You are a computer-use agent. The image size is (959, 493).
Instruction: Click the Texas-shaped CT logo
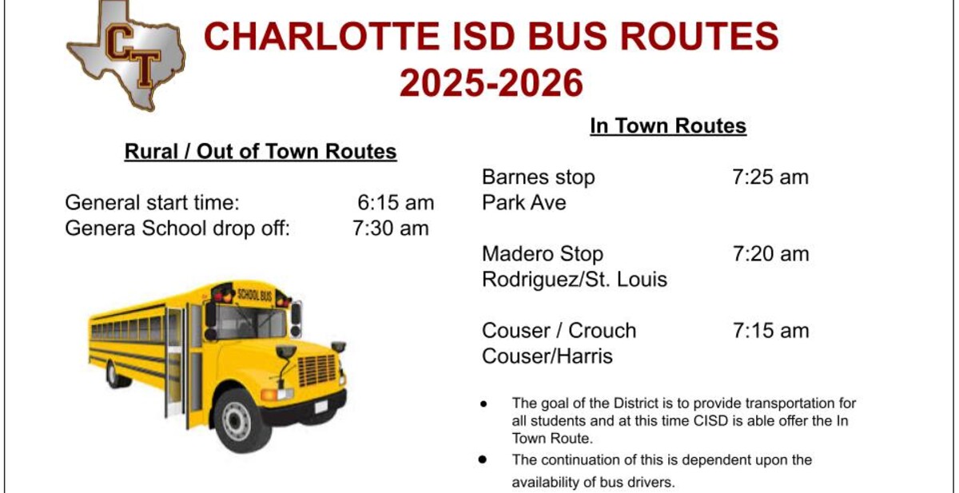point(126,56)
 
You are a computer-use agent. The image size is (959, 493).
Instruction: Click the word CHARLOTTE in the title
point(322,37)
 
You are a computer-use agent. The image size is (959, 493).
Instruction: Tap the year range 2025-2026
point(491,82)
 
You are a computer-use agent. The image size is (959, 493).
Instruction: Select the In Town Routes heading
point(668,125)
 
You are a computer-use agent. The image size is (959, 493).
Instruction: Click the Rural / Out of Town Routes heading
point(261,152)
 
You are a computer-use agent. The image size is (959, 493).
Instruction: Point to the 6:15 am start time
point(396,202)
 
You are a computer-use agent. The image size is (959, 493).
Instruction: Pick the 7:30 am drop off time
point(391,228)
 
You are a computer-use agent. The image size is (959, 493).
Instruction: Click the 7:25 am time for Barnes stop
point(770,177)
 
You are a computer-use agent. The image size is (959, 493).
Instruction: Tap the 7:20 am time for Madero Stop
point(770,254)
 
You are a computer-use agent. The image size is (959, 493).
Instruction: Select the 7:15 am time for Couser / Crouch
point(770,331)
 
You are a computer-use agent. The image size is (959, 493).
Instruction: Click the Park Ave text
point(523,202)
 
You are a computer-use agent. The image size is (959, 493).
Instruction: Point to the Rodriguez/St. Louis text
point(575,280)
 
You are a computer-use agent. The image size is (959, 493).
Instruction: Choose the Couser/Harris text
point(547,356)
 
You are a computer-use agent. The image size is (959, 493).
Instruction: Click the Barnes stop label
point(538,177)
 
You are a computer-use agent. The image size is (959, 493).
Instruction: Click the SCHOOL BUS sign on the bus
point(254,294)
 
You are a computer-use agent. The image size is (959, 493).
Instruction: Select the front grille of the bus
point(316,371)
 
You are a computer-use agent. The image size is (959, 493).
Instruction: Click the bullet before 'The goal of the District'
point(483,404)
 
